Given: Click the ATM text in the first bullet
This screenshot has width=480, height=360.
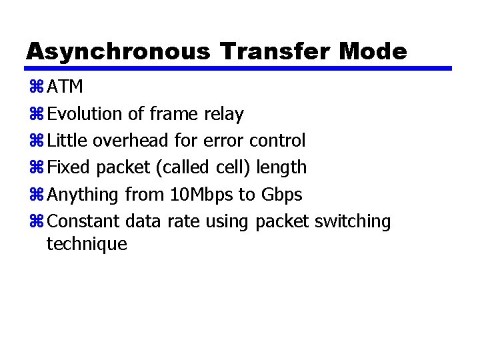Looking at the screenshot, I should pyautogui.click(x=65, y=87).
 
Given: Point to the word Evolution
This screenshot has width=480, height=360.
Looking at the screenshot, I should pyautogui.click(x=86, y=114).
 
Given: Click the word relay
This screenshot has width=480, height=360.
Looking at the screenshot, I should pyautogui.click(x=223, y=114).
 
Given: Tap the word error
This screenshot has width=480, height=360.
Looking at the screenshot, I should pyautogui.click(x=223, y=141).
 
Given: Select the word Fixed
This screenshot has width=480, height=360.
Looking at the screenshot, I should pyautogui.click(x=68, y=167).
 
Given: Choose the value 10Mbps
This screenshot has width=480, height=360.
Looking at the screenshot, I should pyautogui.click(x=201, y=195).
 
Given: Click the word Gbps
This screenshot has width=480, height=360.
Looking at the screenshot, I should pyautogui.click(x=281, y=195).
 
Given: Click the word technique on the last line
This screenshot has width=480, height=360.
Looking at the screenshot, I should pyautogui.click(x=87, y=244).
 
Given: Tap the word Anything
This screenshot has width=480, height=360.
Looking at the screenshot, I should pyautogui.click(x=84, y=195).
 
